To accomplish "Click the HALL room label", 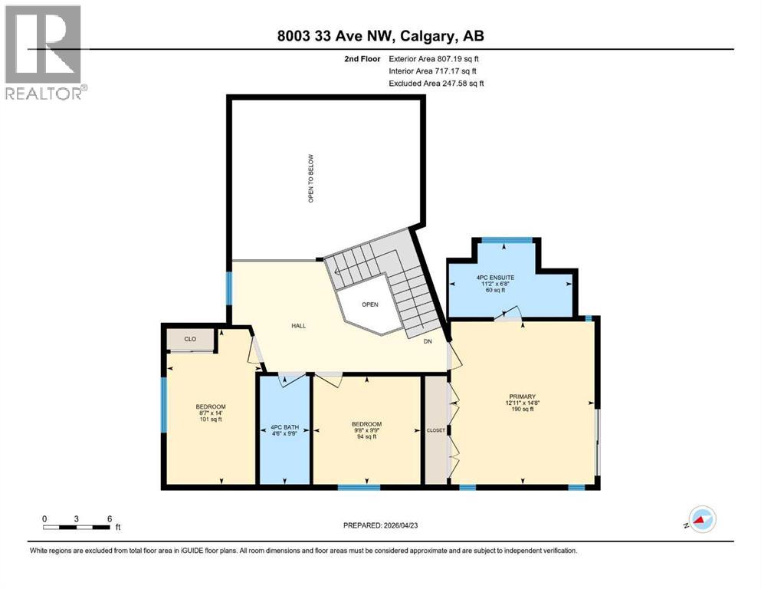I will tap(298, 326).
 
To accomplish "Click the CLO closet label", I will tap(189, 338).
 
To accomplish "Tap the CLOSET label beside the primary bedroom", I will tap(435, 430).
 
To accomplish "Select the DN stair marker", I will tap(428, 342).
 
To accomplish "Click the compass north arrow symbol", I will tap(700, 521).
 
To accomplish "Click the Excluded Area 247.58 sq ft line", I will tap(436, 83).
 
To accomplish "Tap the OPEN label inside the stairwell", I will tap(370, 304).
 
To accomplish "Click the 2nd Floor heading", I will tap(362, 58).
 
